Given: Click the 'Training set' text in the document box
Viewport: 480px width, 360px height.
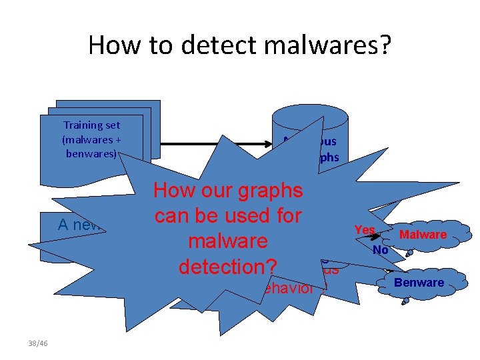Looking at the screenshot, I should click(x=91, y=125).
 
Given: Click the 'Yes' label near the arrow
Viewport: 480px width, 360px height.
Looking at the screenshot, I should click(x=364, y=229).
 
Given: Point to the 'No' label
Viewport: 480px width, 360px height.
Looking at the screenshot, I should click(x=381, y=249).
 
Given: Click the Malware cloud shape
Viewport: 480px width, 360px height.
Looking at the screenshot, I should click(x=423, y=235).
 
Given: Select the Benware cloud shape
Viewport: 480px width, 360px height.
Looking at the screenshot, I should click(x=418, y=283).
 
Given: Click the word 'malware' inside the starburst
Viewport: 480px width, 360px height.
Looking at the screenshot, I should click(x=228, y=241).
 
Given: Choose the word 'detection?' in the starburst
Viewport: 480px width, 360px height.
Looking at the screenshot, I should click(x=227, y=266).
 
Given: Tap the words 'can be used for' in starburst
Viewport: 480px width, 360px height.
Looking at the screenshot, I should click(x=228, y=215).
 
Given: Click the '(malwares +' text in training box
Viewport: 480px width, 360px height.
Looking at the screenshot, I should click(x=91, y=139).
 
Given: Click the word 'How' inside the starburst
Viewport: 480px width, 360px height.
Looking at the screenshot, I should click(x=173, y=191).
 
